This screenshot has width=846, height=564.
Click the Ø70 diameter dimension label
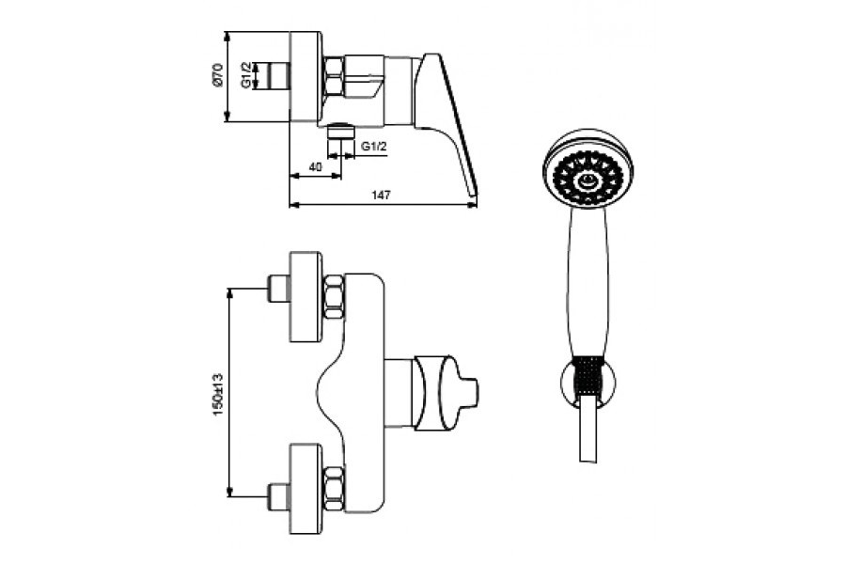click(x=217, y=75)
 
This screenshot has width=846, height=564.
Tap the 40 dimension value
click(x=316, y=166)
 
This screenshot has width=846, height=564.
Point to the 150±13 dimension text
click(x=218, y=394)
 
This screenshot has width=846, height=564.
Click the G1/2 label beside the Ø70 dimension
click(x=246, y=75)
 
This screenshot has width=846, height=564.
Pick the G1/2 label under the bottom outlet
click(x=374, y=147)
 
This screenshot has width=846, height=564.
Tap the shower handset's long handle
click(x=587, y=282)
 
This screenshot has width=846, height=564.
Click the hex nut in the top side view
click(x=334, y=77)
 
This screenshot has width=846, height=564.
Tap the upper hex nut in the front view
click(x=334, y=296)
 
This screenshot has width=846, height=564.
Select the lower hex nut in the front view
click(x=334, y=489)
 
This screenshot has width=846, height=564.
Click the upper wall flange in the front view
click(x=306, y=296)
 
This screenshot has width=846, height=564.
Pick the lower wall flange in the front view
click(x=306, y=489)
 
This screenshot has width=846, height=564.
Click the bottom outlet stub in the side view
click(x=341, y=132)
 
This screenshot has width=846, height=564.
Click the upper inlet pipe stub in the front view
click(x=279, y=289)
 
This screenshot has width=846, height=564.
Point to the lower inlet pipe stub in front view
click(x=279, y=496)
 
